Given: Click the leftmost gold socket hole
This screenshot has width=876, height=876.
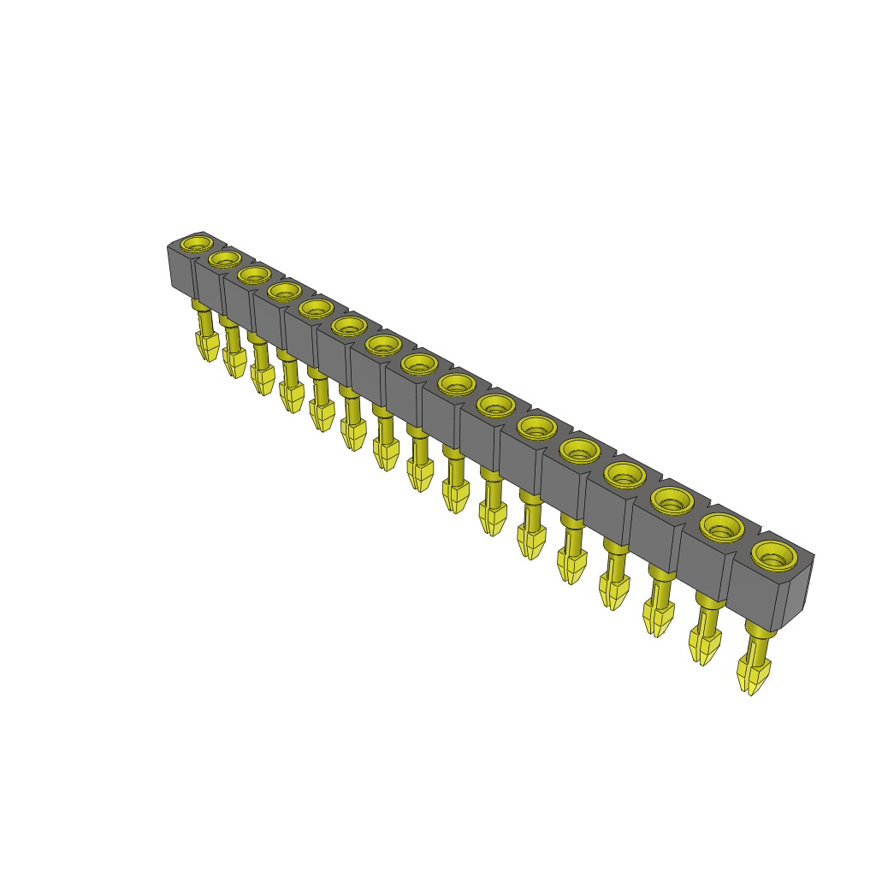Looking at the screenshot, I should tap(196, 242).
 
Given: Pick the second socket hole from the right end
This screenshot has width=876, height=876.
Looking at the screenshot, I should tap(722, 525).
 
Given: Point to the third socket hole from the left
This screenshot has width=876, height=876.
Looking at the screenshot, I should tap(253, 274).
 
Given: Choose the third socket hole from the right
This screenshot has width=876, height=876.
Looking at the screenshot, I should tap(672, 498).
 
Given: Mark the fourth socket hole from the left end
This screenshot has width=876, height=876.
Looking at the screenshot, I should tap(283, 291).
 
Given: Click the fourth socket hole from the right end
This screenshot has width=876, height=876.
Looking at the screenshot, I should tap(626, 472).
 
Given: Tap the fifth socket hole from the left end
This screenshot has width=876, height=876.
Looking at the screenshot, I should tap(316, 307).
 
